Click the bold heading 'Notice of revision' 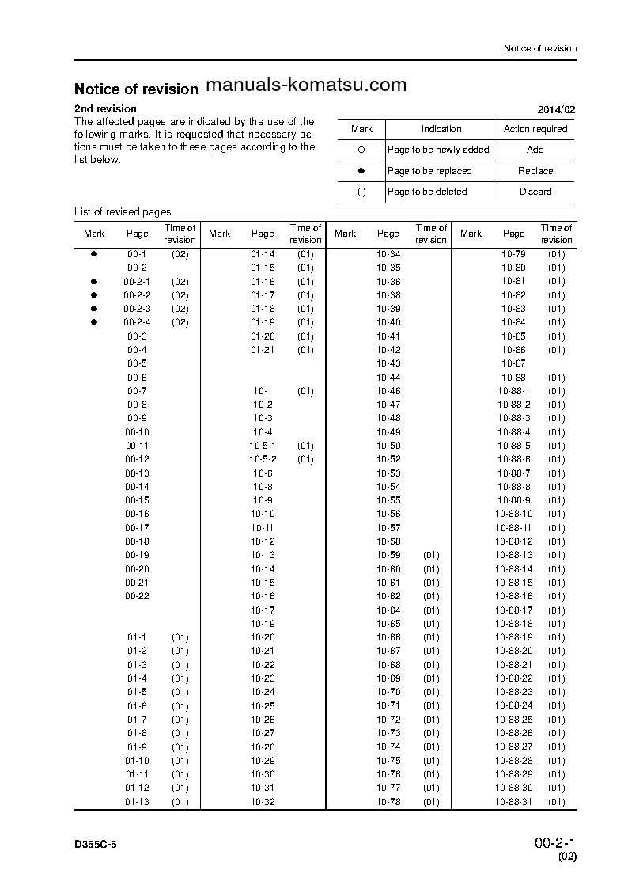pyautogui.click(x=136, y=89)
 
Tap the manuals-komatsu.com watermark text pyautogui.click(x=305, y=85)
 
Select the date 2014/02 pyautogui.click(x=557, y=109)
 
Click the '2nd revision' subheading pyautogui.click(x=105, y=108)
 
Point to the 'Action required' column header pyautogui.click(x=535, y=129)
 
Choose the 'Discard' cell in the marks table pyautogui.click(x=535, y=192)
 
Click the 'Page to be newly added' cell pyautogui.click(x=438, y=150)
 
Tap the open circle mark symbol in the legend pyautogui.click(x=361, y=150)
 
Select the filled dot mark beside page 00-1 pyautogui.click(x=93, y=254)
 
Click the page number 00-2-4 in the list pyautogui.click(x=137, y=322)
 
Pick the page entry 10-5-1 pyautogui.click(x=263, y=446)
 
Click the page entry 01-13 pyautogui.click(x=137, y=802)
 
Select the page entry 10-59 pyautogui.click(x=388, y=555)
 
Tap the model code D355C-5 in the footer pyautogui.click(x=96, y=847)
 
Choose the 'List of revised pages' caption pyautogui.click(x=123, y=212)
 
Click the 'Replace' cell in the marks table pyautogui.click(x=535, y=171)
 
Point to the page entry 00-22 pyautogui.click(x=137, y=596)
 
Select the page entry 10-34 pyautogui.click(x=388, y=254)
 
